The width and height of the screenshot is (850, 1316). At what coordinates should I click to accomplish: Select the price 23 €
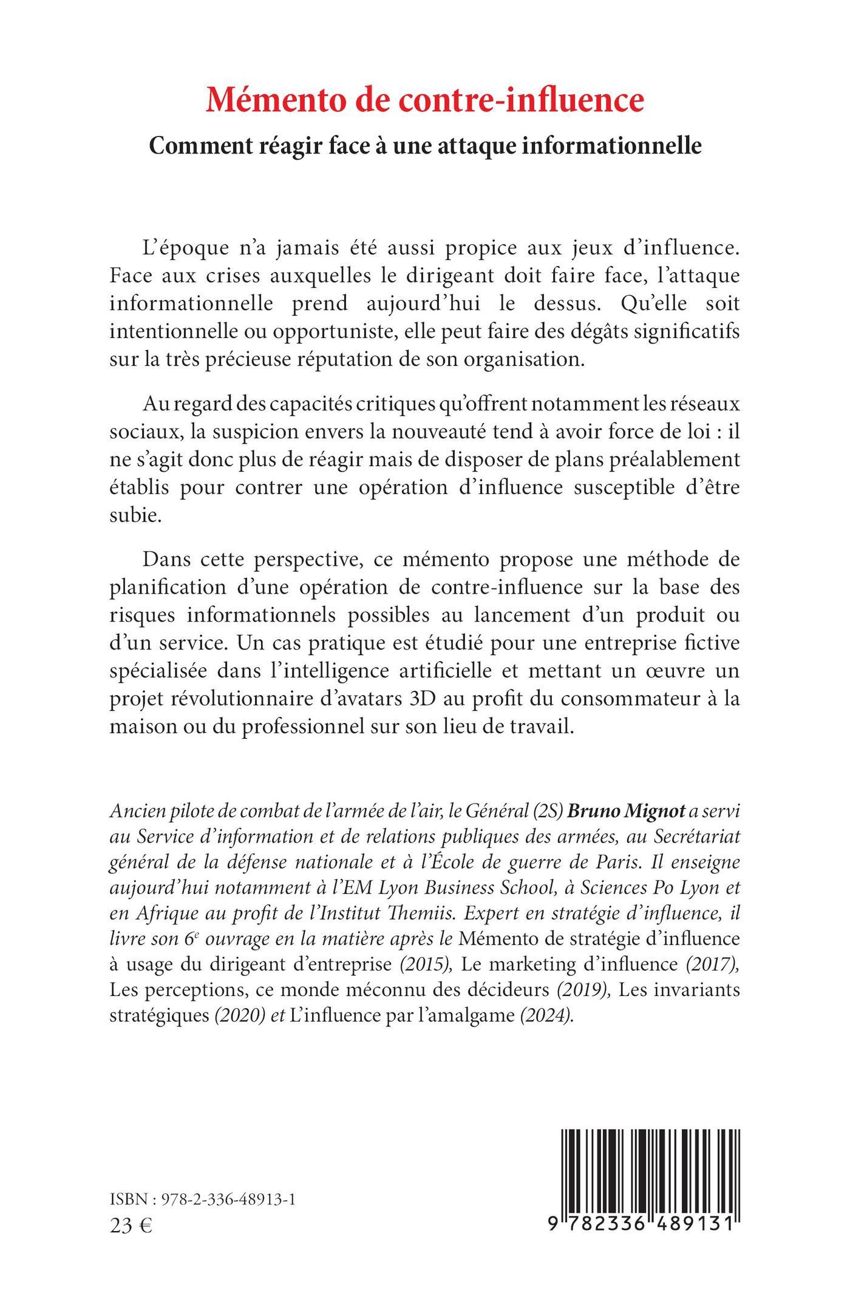131,1225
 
